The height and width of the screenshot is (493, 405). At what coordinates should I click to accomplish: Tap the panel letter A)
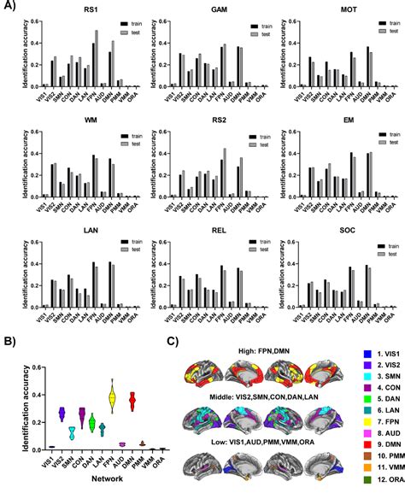coord(9,8)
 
